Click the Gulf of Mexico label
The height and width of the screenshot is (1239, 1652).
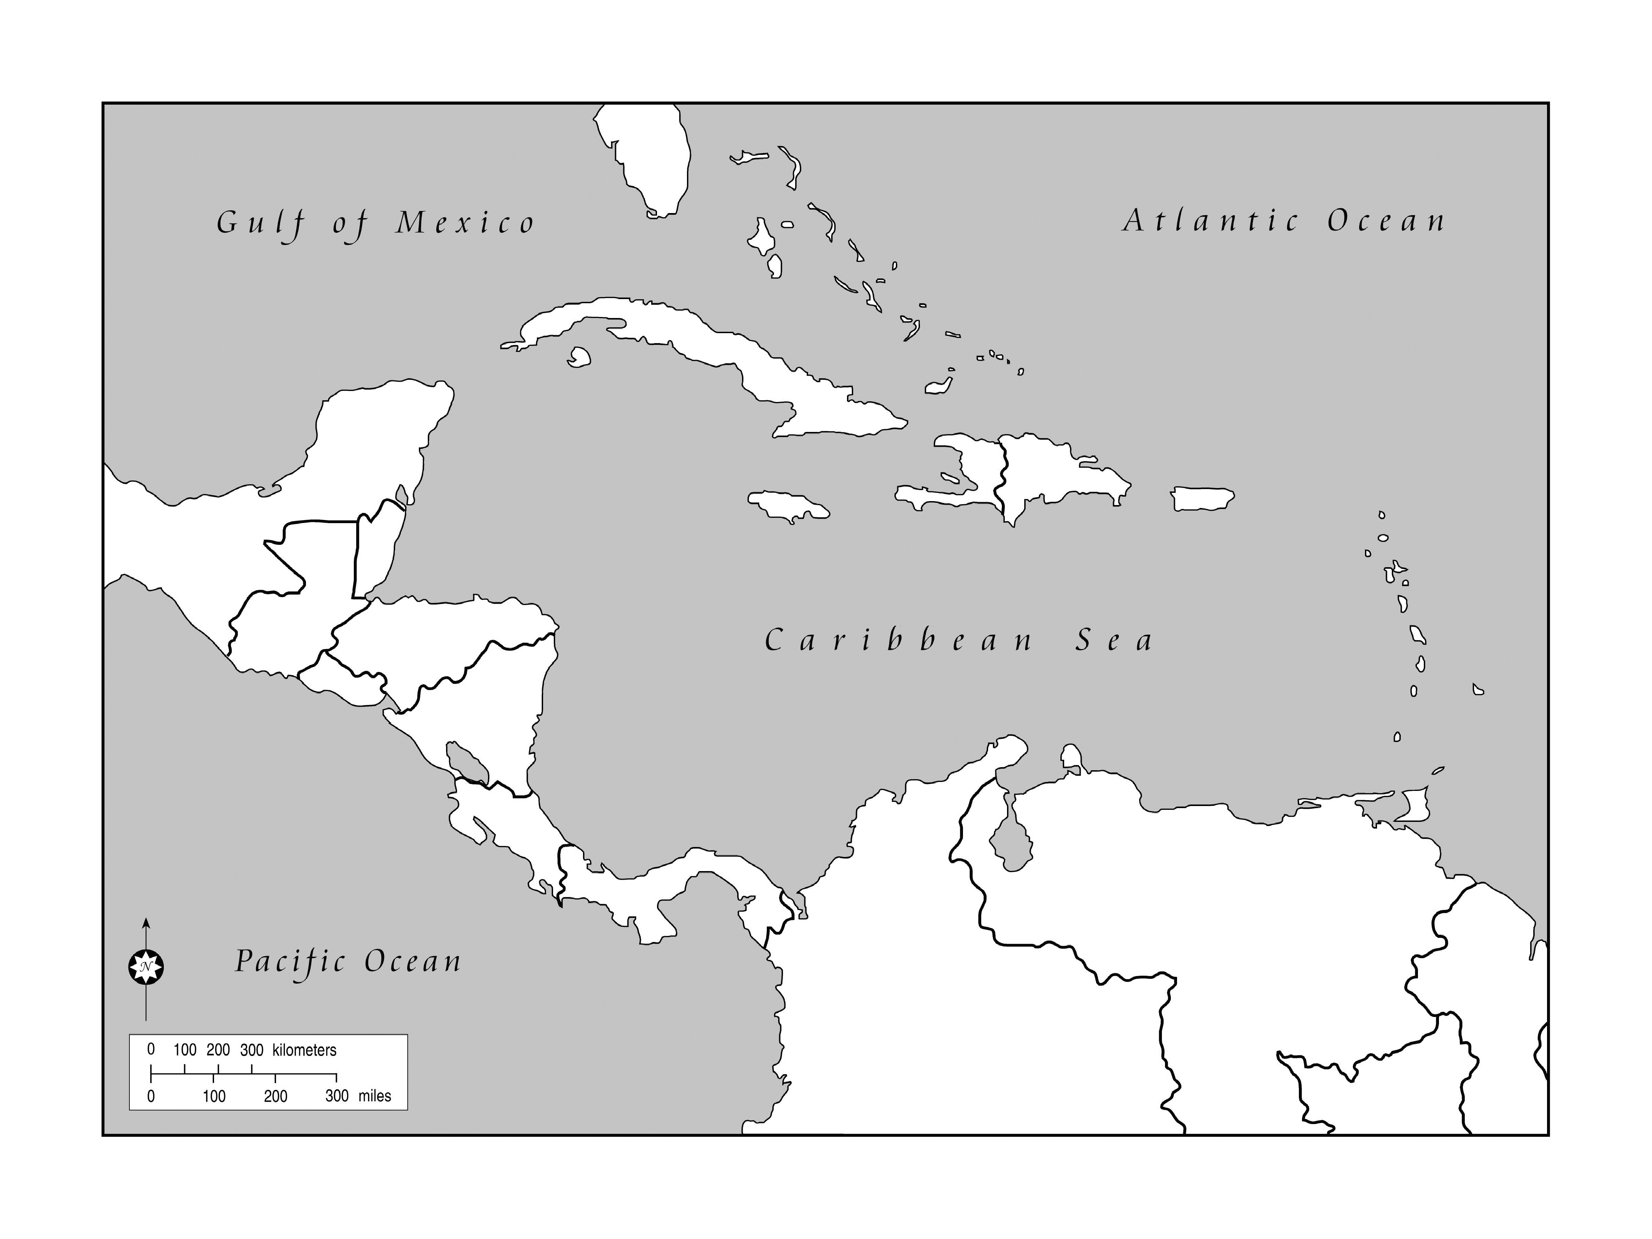(x=376, y=223)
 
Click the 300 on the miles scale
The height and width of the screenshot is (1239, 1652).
(x=337, y=1095)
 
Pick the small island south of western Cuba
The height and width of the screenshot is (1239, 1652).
(x=579, y=357)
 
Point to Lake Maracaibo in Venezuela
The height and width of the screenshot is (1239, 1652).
(x=1012, y=840)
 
